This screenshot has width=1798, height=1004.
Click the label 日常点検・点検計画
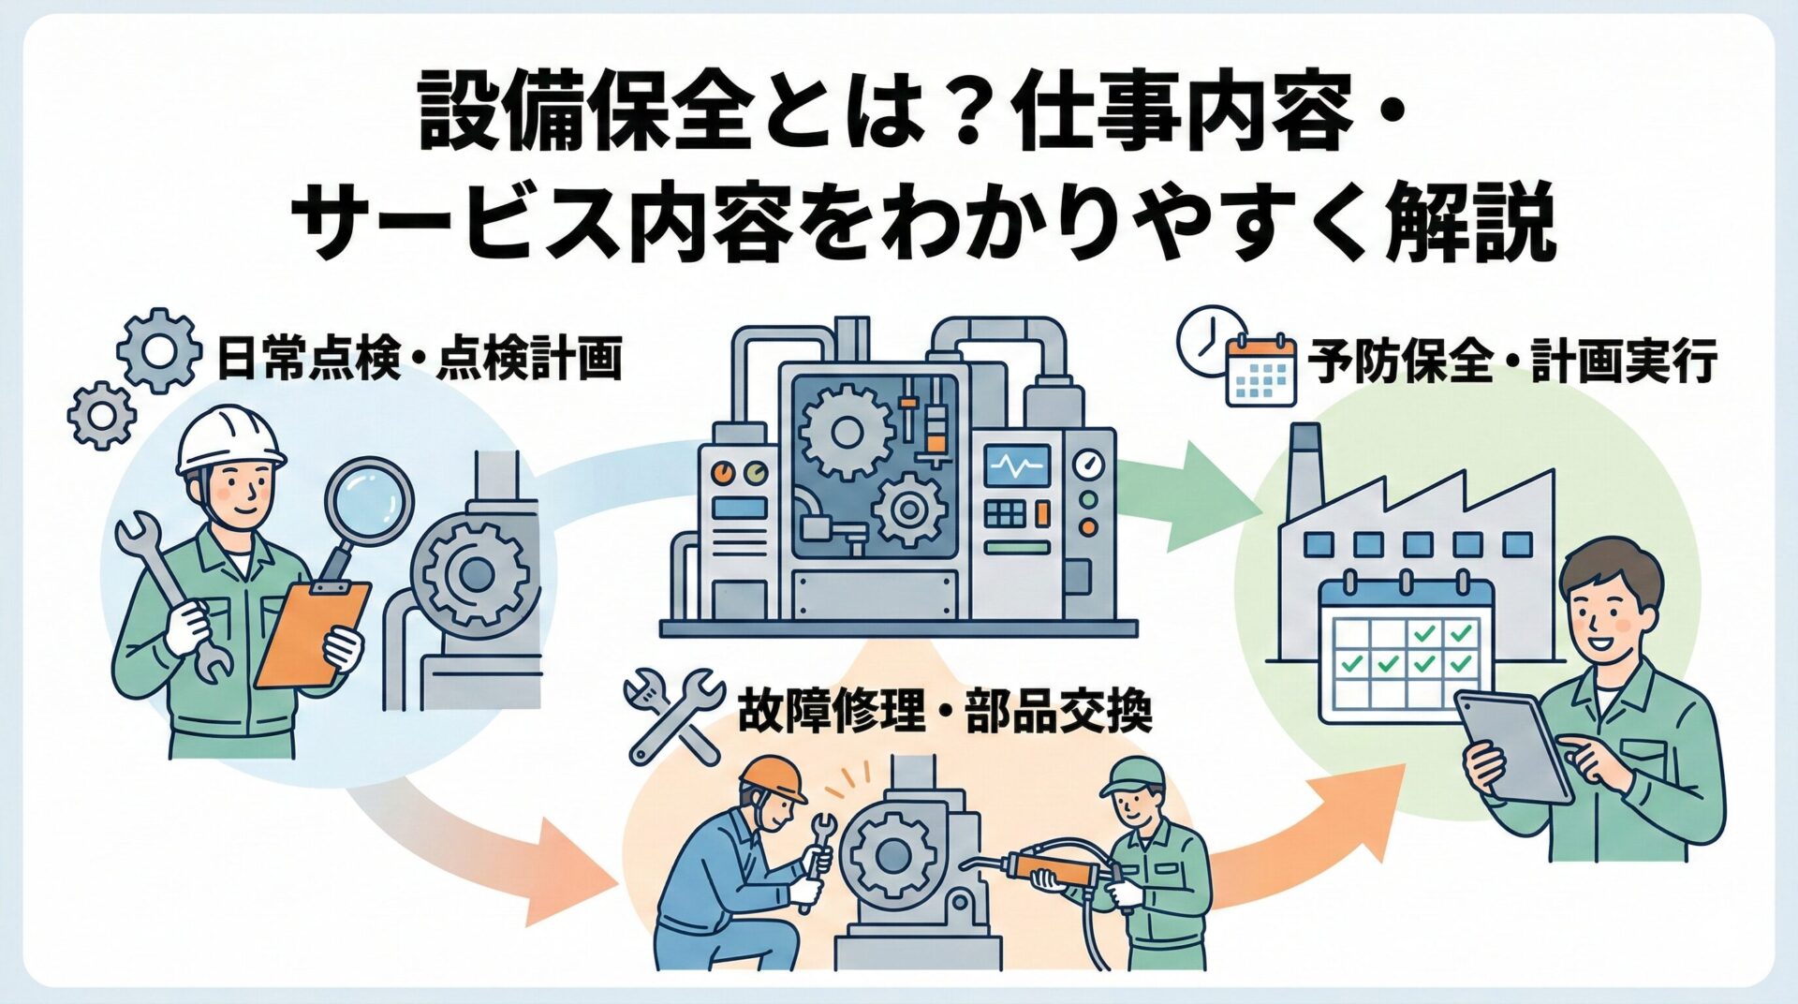(419, 361)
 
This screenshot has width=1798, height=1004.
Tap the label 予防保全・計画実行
(1511, 362)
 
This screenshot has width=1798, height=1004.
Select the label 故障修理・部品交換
(944, 712)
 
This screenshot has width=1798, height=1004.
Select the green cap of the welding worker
(1134, 776)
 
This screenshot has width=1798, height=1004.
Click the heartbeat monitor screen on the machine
(1017, 465)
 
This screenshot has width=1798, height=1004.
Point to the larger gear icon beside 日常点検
(159, 350)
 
